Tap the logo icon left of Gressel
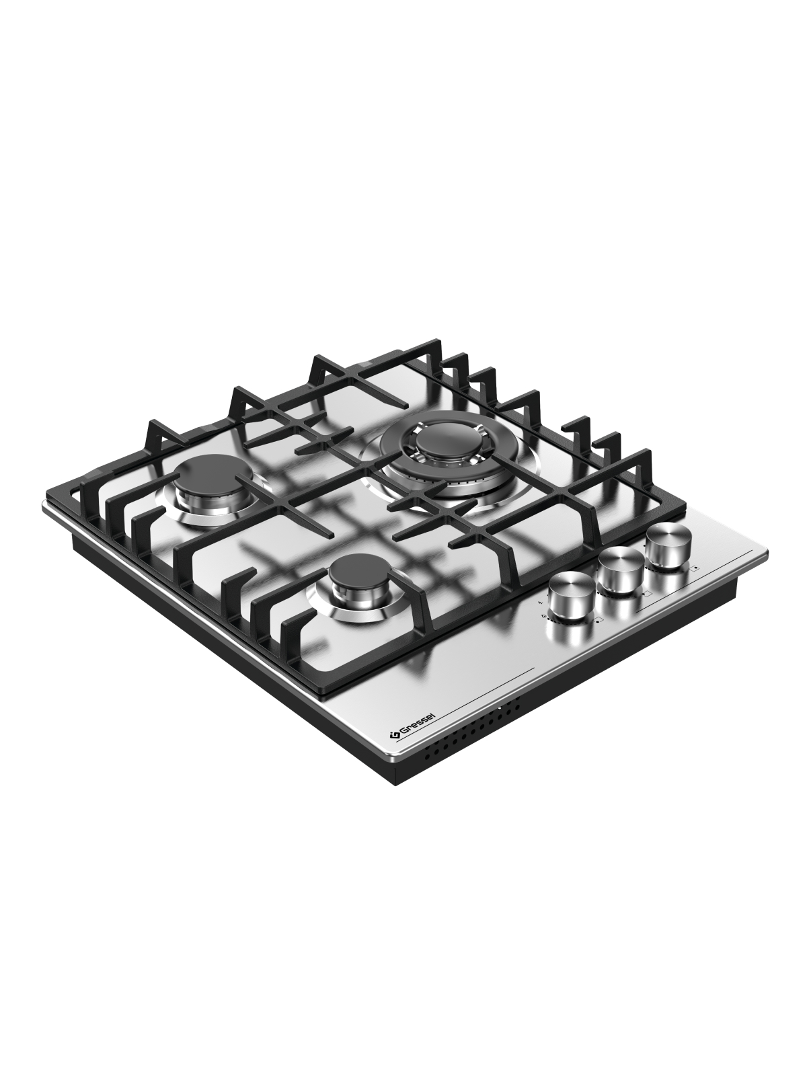click(393, 748)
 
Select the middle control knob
click(621, 569)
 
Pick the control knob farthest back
click(669, 545)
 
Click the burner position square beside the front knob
click(599, 619)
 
